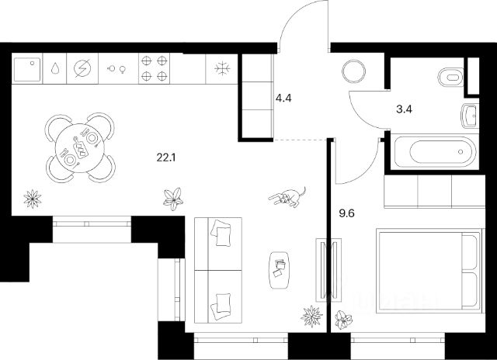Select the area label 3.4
pos(404,109)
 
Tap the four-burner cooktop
pos(153,68)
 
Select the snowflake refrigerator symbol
pos(221,68)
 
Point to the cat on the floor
pos(288,197)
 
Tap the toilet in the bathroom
pos(448,78)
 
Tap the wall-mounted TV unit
pos(324,269)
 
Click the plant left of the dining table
pos(32,198)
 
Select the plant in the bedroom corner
pos(342,318)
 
